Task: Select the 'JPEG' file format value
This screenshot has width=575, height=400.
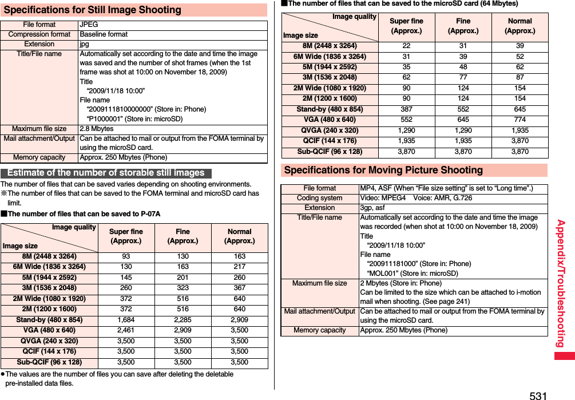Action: pyautogui.click(x=89, y=25)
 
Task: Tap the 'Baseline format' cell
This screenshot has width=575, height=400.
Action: pyautogui.click(x=104, y=34)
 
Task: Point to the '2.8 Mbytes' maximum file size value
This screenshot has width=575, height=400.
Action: pyautogui.click(x=96, y=129)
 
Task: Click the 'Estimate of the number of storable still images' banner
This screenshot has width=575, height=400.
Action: pyautogui.click(x=106, y=173)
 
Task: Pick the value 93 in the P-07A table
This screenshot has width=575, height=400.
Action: pyautogui.click(x=126, y=256)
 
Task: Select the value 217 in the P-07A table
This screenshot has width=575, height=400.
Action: pyautogui.click(x=239, y=267)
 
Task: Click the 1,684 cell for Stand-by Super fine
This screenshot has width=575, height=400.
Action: pyautogui.click(x=126, y=320)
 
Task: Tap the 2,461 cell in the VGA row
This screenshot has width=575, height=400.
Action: pyautogui.click(x=126, y=330)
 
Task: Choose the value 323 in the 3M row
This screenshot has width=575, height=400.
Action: pyautogui.click(x=183, y=288)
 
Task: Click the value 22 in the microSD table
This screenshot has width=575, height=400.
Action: pyautogui.click(x=406, y=46)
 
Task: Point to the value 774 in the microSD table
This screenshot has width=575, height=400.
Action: pyautogui.click(x=520, y=120)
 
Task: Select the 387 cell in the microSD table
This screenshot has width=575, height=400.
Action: pyautogui.click(x=406, y=109)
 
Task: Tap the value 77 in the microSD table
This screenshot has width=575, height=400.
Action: pyautogui.click(x=463, y=77)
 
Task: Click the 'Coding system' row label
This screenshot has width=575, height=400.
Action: pyautogui.click(x=320, y=198)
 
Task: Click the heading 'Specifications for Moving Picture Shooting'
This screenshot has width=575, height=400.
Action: pyautogui.click(x=383, y=170)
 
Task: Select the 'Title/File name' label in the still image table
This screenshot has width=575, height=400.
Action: pyautogui.click(x=39, y=54)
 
